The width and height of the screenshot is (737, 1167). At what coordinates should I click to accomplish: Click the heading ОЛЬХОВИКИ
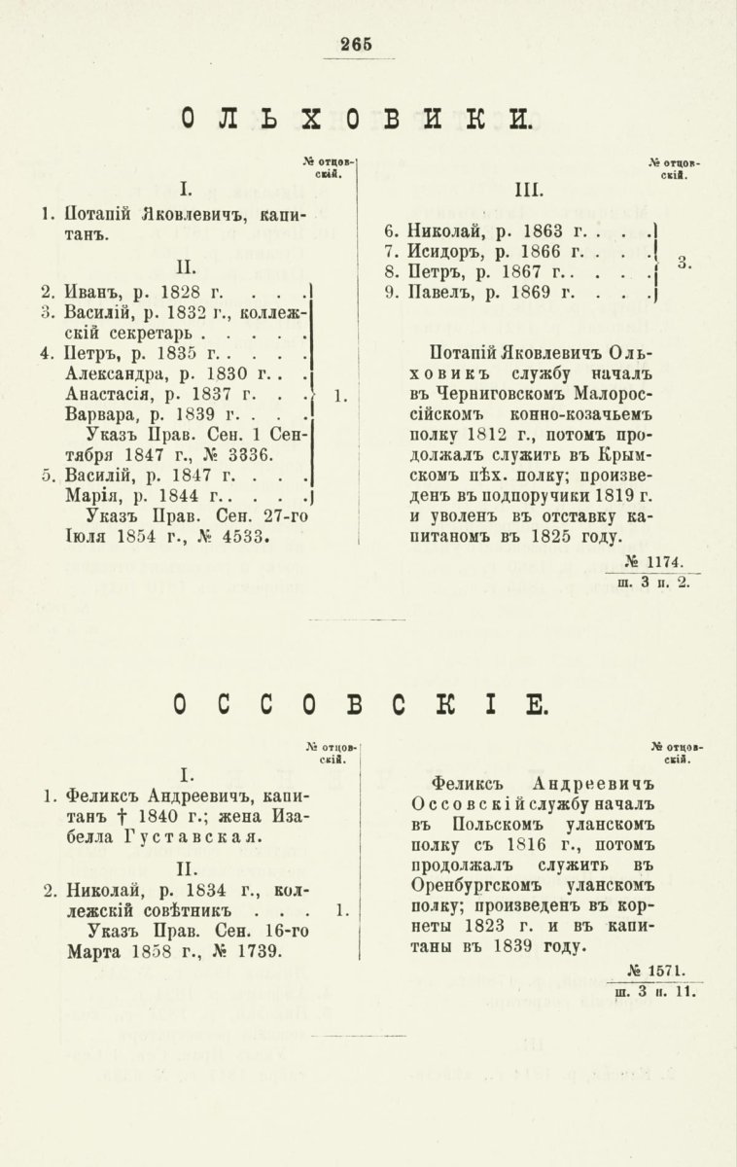(x=356, y=119)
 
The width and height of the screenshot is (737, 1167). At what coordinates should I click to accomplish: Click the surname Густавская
(x=181, y=836)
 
